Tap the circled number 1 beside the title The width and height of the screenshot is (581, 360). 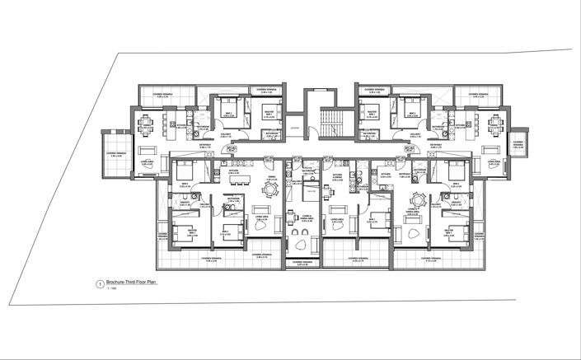click(100, 283)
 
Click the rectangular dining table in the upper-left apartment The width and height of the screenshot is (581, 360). click(147, 124)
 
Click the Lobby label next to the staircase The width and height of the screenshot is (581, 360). click(294, 129)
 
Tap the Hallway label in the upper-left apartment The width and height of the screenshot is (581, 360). click(224, 132)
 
